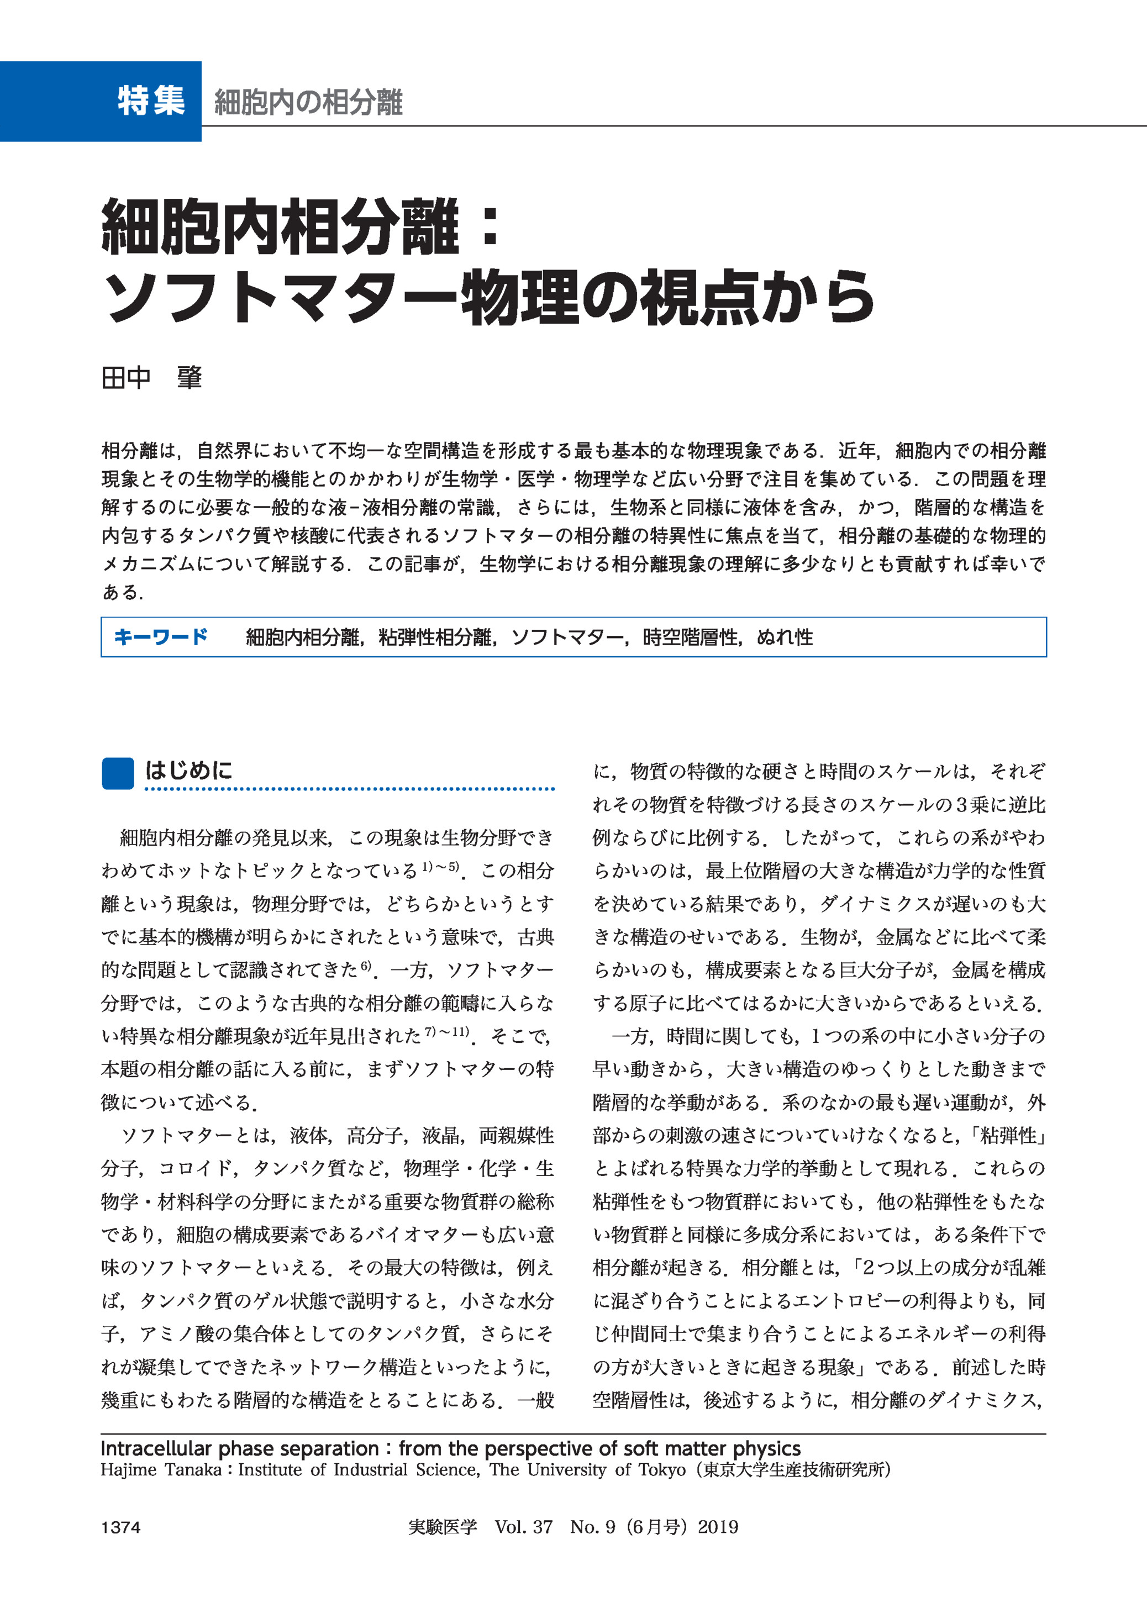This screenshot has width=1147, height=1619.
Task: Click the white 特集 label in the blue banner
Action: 151,101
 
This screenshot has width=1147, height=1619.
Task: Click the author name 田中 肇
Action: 152,378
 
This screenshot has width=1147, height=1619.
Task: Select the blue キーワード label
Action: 160,637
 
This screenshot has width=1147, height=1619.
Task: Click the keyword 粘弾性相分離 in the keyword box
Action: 435,637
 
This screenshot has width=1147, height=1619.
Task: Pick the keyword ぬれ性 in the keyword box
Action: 785,637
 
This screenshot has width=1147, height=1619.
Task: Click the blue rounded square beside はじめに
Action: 117,773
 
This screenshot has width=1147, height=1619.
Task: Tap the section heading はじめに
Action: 188,771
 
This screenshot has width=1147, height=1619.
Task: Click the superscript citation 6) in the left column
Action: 366,966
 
